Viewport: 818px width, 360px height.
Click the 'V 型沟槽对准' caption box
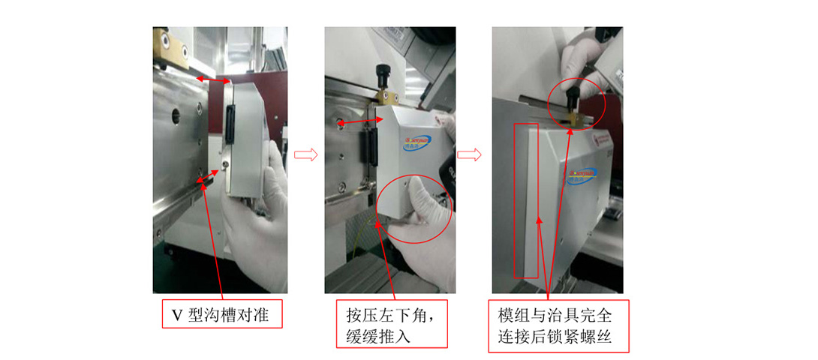(222, 315)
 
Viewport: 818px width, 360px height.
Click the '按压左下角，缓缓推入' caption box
(391, 324)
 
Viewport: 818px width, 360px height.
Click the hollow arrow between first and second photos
(304, 154)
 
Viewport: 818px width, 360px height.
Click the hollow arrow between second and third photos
(470, 154)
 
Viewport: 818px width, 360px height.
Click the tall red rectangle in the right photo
(525, 199)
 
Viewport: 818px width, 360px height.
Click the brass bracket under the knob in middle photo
(384, 97)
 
